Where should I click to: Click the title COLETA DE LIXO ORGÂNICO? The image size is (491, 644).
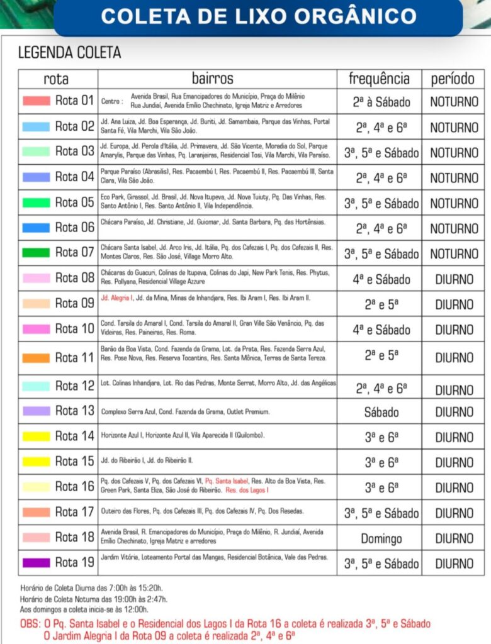point(259,16)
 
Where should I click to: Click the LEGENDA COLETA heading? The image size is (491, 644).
point(69,52)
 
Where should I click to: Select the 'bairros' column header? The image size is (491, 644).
point(212,79)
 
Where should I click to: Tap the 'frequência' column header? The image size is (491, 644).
point(379,79)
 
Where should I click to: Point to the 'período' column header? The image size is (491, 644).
point(453,79)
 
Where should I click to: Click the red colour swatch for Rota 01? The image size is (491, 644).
point(36,101)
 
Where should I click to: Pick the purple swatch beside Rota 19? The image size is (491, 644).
point(36,563)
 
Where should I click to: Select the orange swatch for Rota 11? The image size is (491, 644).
point(36,358)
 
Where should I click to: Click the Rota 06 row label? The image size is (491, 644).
point(74,228)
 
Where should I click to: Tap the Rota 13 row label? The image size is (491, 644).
point(74,411)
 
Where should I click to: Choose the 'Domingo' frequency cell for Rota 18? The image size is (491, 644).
point(381,539)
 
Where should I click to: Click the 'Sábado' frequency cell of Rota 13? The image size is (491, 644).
point(381,413)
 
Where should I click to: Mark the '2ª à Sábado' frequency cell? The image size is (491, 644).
point(381,102)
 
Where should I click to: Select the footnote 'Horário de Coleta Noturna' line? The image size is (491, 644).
point(94,599)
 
